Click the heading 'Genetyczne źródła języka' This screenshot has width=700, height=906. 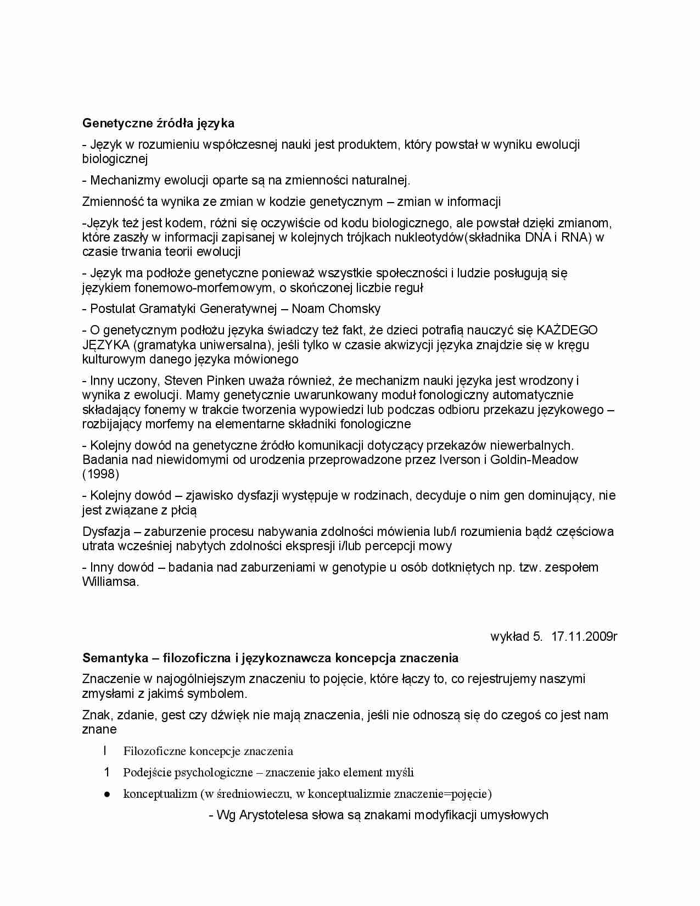click(158, 123)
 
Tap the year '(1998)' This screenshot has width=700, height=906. click(100, 474)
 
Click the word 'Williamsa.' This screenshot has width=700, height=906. click(110, 582)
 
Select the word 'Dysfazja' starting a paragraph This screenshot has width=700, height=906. click(106, 532)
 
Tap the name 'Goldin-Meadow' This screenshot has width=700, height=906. click(534, 460)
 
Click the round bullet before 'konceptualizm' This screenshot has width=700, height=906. click(108, 794)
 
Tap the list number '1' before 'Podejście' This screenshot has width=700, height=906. click(107, 773)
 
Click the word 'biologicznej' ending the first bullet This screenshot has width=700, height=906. click(115, 159)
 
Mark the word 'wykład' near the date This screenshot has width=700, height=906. click(509, 636)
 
